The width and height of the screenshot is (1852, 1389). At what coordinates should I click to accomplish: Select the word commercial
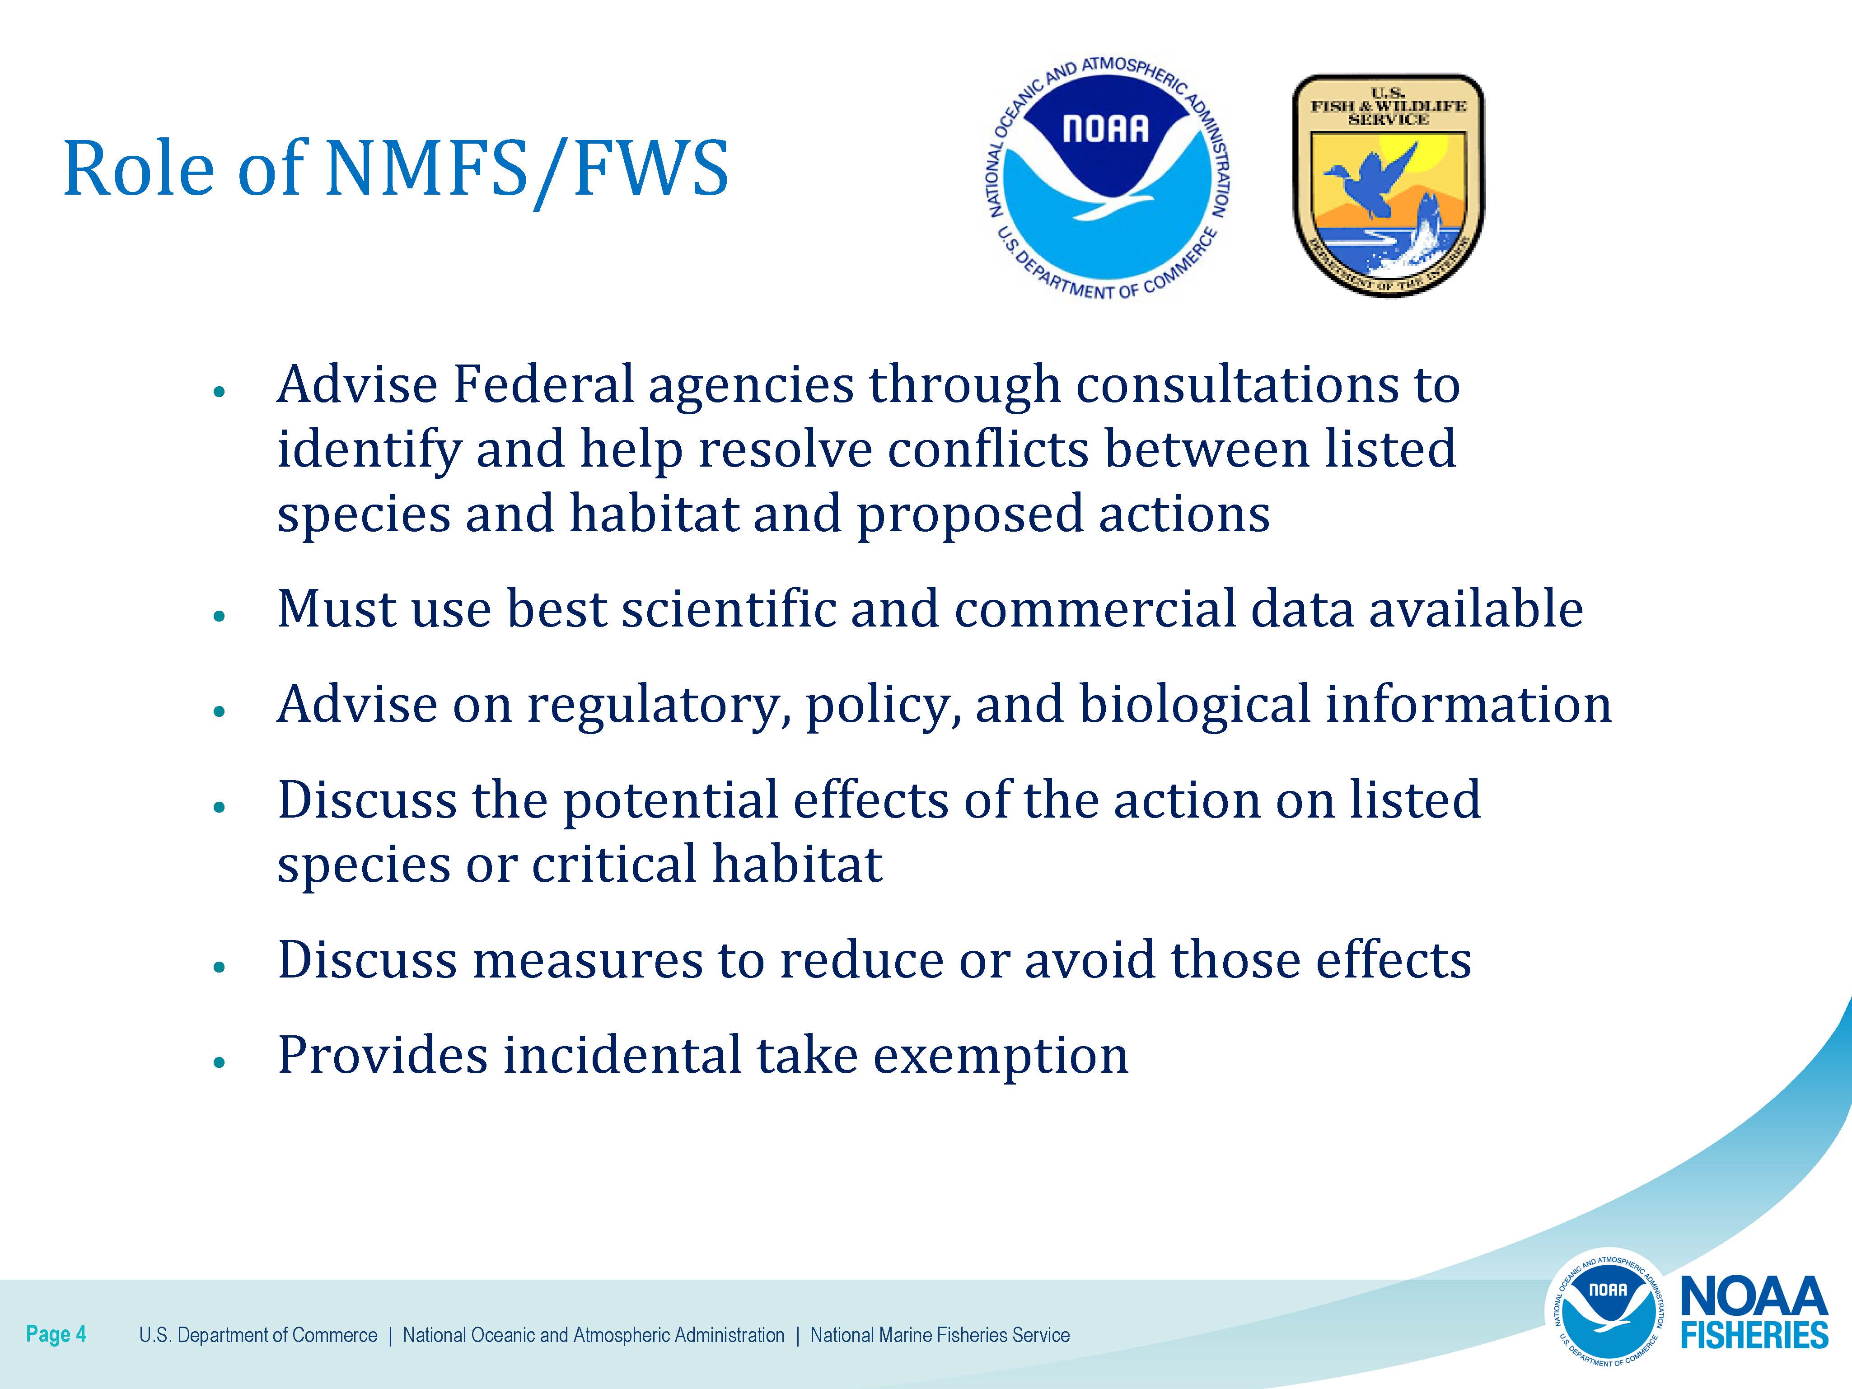(x=1094, y=609)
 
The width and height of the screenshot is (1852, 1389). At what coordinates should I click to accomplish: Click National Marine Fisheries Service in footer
(x=940, y=1335)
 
